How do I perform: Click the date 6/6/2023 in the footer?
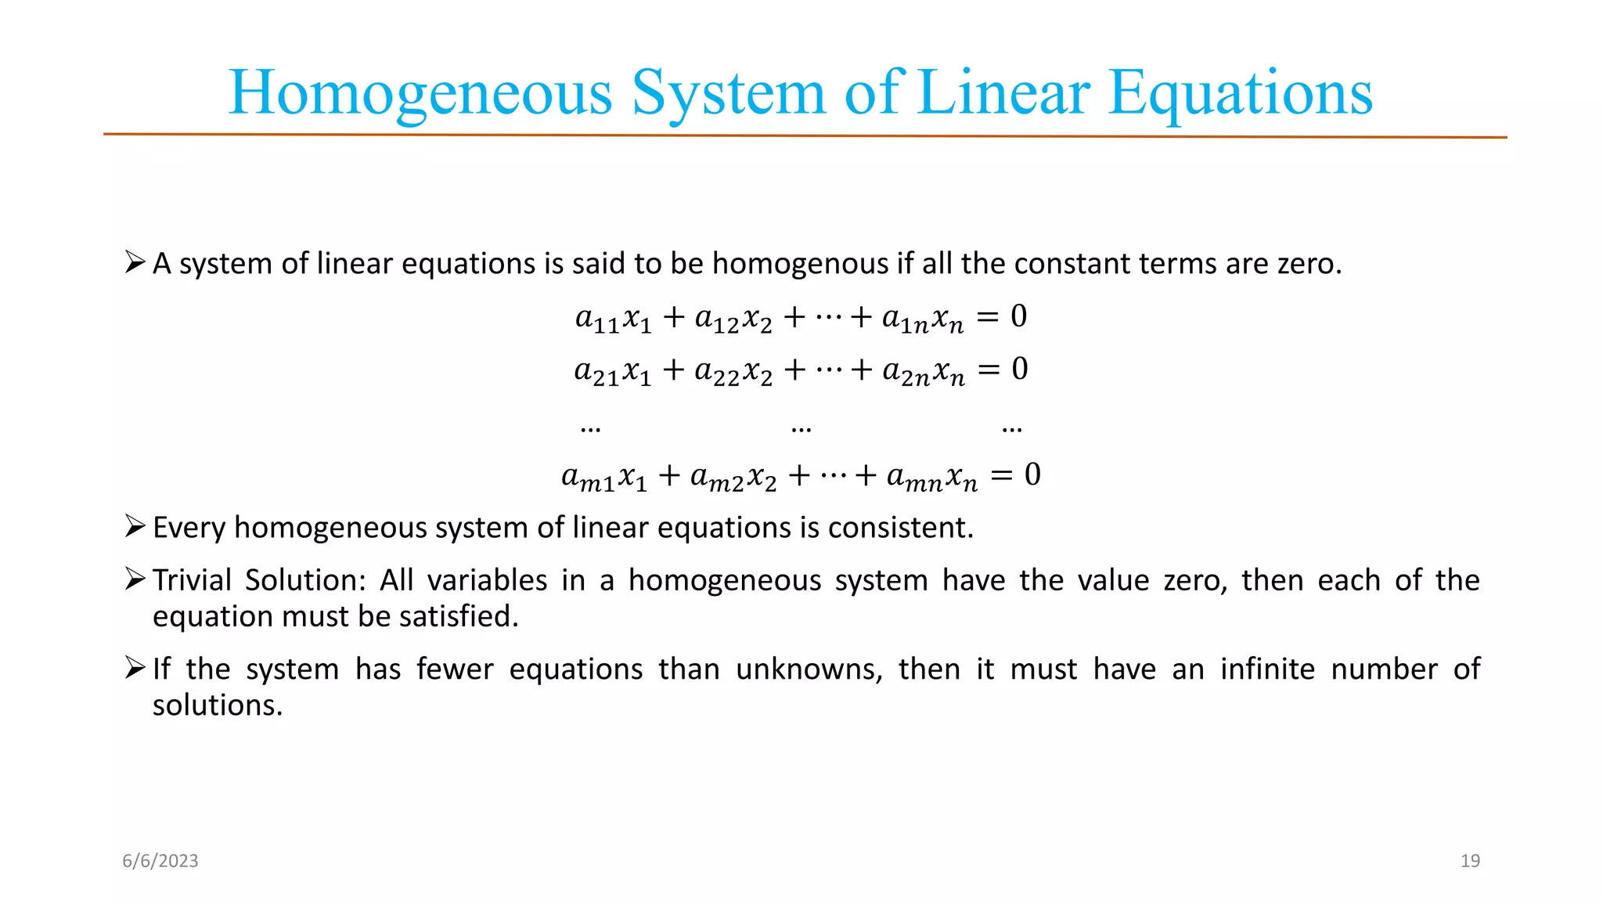[x=160, y=861]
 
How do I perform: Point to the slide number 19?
[x=1470, y=861]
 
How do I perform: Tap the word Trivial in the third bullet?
[x=192, y=580]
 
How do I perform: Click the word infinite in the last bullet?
[x=1267, y=669]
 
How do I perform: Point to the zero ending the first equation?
[x=1018, y=316]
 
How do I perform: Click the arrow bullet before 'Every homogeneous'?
[x=135, y=526]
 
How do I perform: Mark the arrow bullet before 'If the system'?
[x=135, y=668]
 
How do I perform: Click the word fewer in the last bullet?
[x=455, y=669]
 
